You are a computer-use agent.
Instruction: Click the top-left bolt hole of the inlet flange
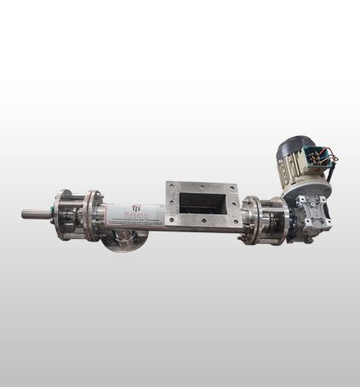coord(171,186)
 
